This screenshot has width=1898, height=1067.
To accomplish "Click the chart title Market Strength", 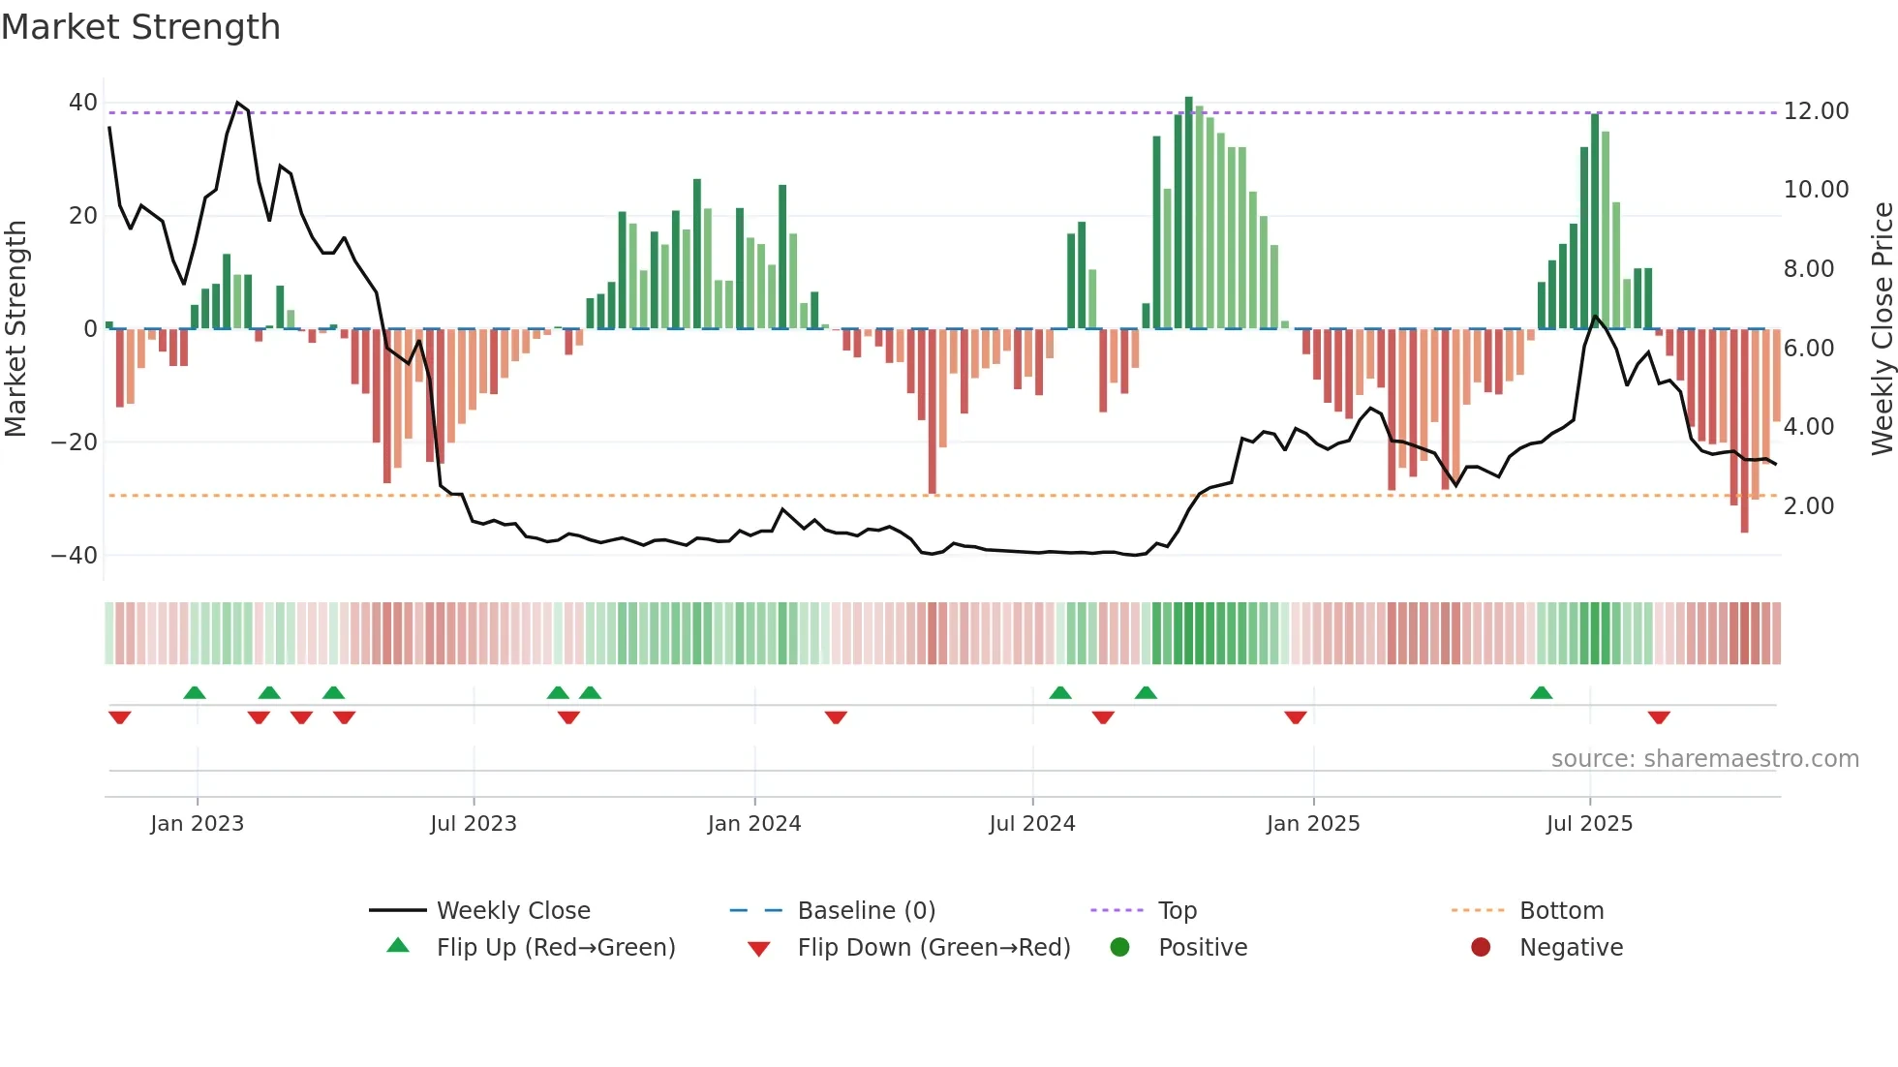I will tap(140, 27).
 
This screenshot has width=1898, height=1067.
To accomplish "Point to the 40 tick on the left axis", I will tap(83, 103).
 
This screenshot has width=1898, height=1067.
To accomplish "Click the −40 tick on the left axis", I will tap(75, 556).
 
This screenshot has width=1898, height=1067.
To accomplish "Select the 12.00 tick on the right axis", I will tap(1816, 111).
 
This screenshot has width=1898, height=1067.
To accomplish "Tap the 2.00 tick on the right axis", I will tap(1808, 506).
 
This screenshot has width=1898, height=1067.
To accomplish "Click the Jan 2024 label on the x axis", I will tap(753, 824).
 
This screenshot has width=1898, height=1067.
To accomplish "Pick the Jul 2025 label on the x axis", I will tap(1589, 824).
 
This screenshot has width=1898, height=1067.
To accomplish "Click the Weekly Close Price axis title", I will tap(1882, 329).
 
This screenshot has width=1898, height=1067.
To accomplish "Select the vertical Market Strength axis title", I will tap(15, 329).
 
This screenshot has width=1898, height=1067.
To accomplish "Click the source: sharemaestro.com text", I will tap(1704, 759).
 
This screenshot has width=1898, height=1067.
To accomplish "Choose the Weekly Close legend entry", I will tap(512, 911).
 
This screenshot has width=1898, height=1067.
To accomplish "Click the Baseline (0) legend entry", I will tap(866, 911).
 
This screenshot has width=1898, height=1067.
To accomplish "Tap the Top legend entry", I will tap(1177, 911).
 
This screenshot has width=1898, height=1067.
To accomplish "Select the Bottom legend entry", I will tap(1561, 911).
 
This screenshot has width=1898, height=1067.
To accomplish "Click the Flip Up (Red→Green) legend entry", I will tap(555, 948).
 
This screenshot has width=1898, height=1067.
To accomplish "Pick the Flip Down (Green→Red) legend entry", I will tap(933, 948).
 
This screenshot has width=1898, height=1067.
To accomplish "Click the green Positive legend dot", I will tap(1119, 948).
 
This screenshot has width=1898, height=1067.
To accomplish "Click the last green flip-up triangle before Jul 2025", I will tap(1541, 692).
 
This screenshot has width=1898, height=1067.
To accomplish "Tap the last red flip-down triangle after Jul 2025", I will tap(1658, 717).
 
